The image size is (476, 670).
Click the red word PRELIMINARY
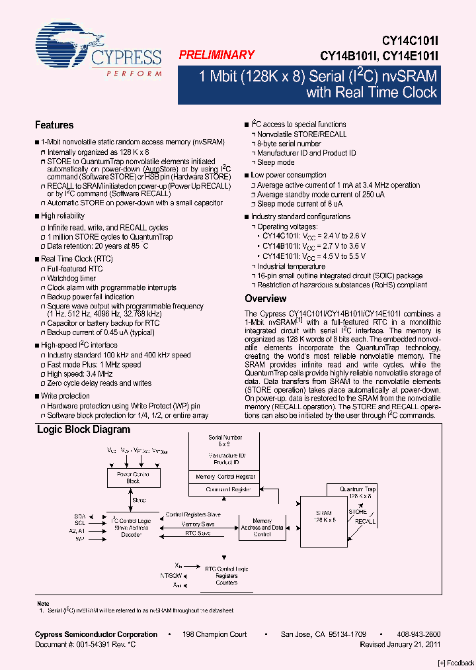point(216,56)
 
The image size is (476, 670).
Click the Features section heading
point(54,125)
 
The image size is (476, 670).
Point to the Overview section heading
point(265,299)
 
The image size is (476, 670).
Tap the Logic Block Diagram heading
point(83,430)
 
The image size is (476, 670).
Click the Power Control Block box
point(133,478)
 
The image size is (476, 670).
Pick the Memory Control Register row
point(225,477)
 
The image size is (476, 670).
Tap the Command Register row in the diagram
point(228,490)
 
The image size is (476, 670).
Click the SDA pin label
point(79,514)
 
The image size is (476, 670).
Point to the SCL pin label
point(80,522)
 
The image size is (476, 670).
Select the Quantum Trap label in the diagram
point(358,489)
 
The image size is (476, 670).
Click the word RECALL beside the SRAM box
point(365,522)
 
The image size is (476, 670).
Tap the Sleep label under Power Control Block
point(138,501)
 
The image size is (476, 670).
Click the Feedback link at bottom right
point(456,663)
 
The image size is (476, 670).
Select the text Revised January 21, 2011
point(400,644)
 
